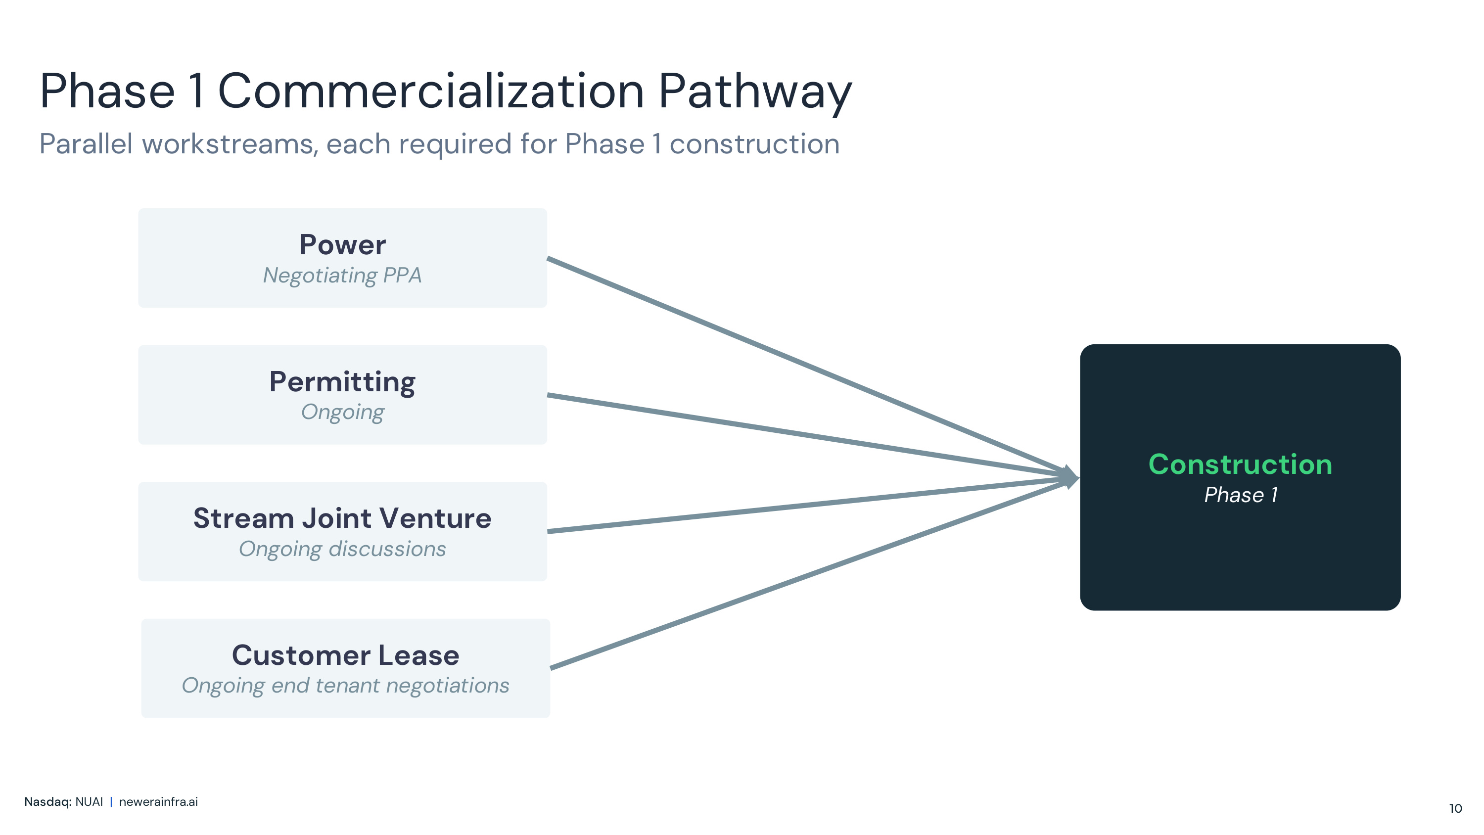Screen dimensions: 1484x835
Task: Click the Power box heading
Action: (x=343, y=245)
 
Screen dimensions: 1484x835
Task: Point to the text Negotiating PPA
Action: (x=342, y=276)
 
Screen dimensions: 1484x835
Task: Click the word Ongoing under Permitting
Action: (x=342, y=413)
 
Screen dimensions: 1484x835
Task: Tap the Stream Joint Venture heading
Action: (x=342, y=518)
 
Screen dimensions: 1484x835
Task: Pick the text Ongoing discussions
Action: (x=342, y=549)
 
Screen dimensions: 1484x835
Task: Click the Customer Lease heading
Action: (x=346, y=655)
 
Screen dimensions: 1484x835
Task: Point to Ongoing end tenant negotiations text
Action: (x=346, y=686)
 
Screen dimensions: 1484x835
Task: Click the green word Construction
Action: (x=1240, y=464)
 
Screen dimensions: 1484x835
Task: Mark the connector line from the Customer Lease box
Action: (x=809, y=573)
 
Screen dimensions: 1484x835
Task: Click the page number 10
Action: (x=1455, y=808)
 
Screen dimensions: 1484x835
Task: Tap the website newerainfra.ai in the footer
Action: (x=158, y=801)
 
